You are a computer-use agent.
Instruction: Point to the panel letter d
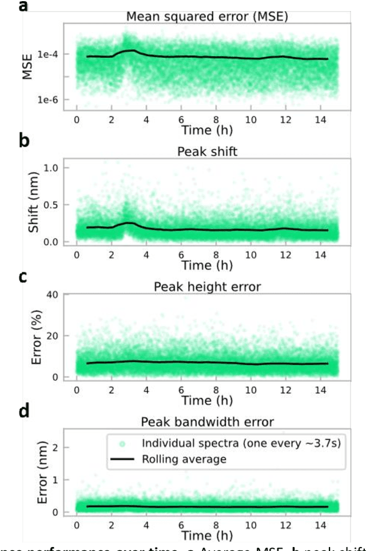(23, 411)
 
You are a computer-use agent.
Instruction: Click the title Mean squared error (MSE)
(206, 16)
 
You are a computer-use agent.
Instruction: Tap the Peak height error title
(206, 287)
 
